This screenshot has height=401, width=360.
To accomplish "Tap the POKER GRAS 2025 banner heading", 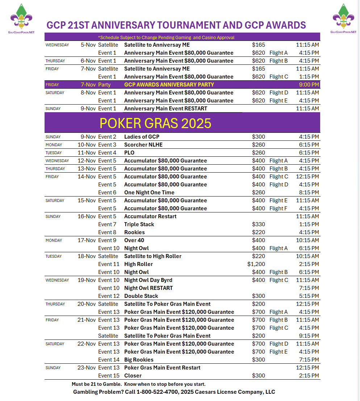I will tap(155, 123).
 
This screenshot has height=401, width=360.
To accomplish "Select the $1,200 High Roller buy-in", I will tap(256, 264).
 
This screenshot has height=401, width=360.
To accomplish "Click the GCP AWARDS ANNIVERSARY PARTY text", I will tap(169, 85).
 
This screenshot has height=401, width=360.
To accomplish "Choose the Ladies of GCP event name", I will tap(142, 137).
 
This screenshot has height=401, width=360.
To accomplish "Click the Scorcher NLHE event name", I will tap(143, 145).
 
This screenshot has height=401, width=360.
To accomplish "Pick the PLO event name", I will tap(129, 153).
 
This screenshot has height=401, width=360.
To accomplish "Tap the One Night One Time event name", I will tap(149, 193).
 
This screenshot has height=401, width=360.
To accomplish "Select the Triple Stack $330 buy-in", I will tap(259, 224).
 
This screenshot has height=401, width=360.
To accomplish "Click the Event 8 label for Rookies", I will tap(107, 232).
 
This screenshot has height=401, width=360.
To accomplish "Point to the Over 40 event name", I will tap(134, 240).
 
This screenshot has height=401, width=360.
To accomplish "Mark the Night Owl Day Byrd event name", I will tap(148, 280).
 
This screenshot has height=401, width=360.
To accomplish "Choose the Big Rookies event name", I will tap(139, 360).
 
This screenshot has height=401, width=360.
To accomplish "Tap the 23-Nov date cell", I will tap(87, 368).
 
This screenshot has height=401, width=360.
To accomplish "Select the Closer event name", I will tap(133, 376).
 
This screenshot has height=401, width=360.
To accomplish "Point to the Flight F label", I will tap(279, 208).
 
